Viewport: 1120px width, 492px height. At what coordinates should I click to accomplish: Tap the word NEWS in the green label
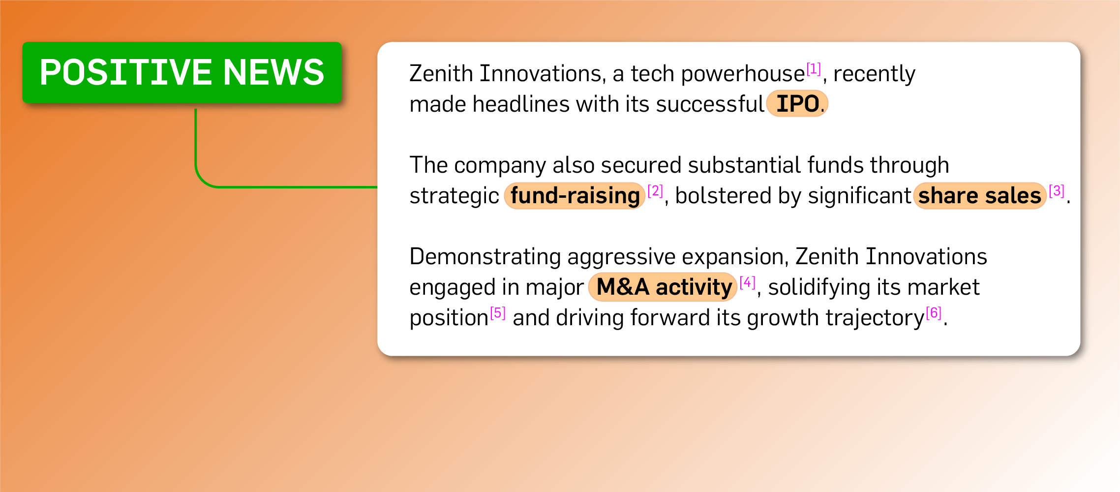click(274, 72)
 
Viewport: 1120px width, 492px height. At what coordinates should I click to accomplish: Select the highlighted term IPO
click(797, 104)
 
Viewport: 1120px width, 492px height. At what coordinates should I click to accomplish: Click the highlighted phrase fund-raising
click(575, 196)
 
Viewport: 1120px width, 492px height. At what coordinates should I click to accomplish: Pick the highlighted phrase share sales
click(980, 196)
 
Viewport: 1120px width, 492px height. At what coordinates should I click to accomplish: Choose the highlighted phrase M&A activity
click(664, 287)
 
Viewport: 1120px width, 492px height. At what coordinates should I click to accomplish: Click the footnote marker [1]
click(814, 69)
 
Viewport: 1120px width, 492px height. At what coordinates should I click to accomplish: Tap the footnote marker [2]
click(655, 191)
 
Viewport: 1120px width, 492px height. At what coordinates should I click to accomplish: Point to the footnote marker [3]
click(1057, 191)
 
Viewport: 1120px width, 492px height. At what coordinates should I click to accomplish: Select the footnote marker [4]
click(747, 282)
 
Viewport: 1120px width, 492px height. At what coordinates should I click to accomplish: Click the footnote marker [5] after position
click(498, 313)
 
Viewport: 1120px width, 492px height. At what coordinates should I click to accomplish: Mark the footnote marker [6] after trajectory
click(934, 313)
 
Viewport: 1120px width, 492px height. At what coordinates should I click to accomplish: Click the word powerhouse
click(743, 74)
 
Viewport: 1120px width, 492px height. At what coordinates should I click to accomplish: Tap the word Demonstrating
click(485, 257)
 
